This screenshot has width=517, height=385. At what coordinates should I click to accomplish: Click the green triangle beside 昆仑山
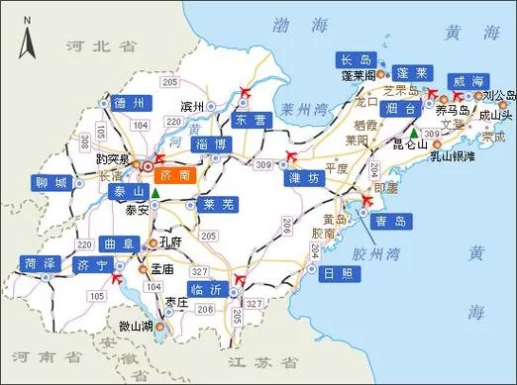pyautogui.click(x=413, y=133)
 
